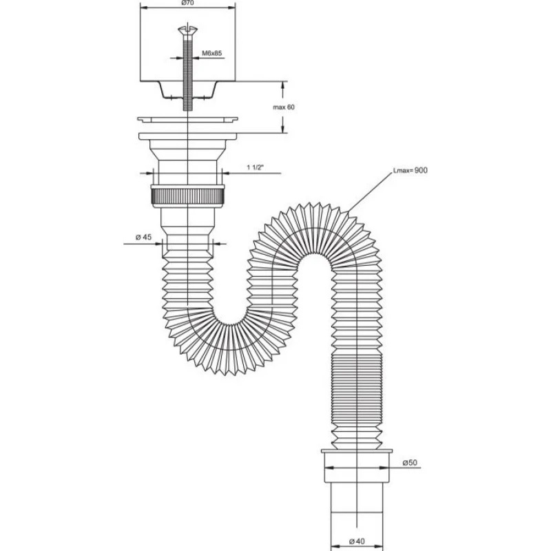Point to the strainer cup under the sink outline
187,90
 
